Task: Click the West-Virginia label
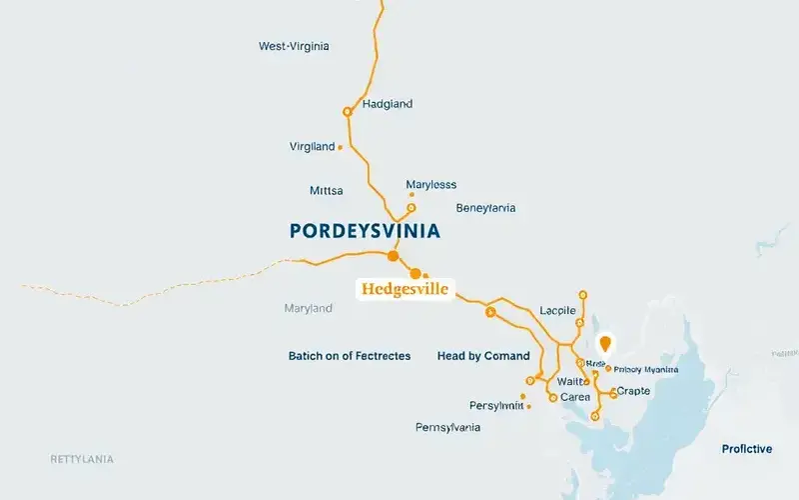pyautogui.click(x=294, y=46)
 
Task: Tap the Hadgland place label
pyautogui.click(x=388, y=104)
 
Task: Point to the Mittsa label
pyautogui.click(x=327, y=190)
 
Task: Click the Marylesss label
pyautogui.click(x=431, y=184)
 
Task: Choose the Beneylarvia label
pyautogui.click(x=485, y=208)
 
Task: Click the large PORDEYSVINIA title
pyautogui.click(x=365, y=231)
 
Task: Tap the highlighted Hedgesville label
pyautogui.click(x=403, y=290)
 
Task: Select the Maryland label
pyautogui.click(x=308, y=308)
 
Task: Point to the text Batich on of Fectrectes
pyautogui.click(x=350, y=356)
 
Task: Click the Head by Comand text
pyautogui.click(x=483, y=356)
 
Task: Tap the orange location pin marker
pyautogui.click(x=603, y=345)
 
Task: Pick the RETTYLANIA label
pyautogui.click(x=82, y=459)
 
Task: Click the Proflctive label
pyautogui.click(x=747, y=449)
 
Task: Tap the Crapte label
pyautogui.click(x=634, y=391)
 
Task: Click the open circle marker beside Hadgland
pyautogui.click(x=348, y=111)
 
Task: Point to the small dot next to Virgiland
pyautogui.click(x=341, y=147)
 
